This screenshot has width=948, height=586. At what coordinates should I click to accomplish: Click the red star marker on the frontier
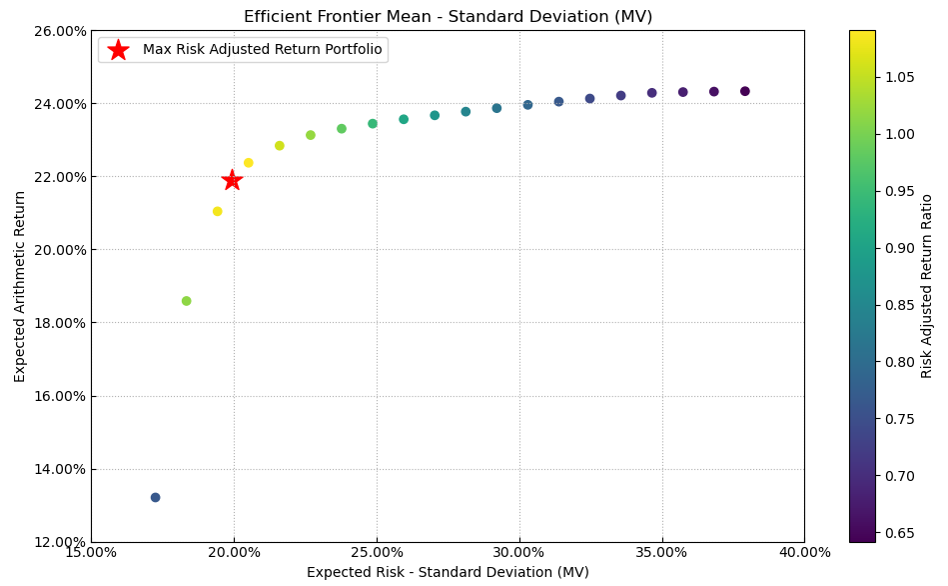tap(232, 180)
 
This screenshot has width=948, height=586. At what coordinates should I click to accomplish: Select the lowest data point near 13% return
tap(155, 497)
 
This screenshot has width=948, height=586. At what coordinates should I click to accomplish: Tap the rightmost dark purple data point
tap(744, 91)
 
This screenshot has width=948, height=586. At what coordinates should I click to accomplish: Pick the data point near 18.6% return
tap(186, 301)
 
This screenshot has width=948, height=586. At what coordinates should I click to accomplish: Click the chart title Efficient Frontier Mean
tap(448, 17)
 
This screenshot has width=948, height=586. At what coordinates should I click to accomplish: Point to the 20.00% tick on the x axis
tap(234, 552)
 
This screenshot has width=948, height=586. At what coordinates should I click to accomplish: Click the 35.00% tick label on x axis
tap(661, 552)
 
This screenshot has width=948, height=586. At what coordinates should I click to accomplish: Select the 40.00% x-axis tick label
tap(804, 552)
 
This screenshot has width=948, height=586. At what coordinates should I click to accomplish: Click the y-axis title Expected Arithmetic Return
tap(20, 286)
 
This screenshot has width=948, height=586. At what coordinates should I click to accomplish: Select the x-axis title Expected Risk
tap(448, 572)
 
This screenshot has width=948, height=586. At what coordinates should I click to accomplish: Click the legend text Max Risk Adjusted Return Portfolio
tap(262, 50)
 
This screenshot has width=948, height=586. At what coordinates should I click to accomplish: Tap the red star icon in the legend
tap(118, 50)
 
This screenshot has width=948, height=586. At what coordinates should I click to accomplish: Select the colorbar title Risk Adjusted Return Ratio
tap(927, 286)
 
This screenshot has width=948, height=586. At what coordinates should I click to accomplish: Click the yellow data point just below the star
tap(217, 211)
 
